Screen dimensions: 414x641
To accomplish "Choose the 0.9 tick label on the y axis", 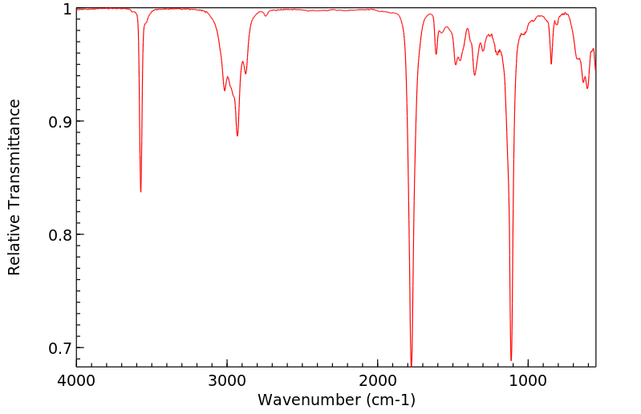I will click(x=58, y=122).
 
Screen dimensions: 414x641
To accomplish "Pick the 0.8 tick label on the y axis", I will click(x=58, y=235).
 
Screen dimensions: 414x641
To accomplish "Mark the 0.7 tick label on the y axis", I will click(x=58, y=348).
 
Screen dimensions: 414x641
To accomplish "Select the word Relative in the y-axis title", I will click(x=14, y=244).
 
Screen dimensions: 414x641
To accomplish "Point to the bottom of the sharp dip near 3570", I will click(x=141, y=191).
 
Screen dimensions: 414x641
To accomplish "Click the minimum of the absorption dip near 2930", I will click(x=237, y=136).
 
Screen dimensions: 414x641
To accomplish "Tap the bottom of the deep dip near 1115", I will click(x=511, y=360).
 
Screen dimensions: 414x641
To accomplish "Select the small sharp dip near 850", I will click(x=551, y=63).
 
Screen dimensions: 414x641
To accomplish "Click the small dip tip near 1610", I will click(x=436, y=54).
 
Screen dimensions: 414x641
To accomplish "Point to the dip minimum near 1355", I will click(x=475, y=75).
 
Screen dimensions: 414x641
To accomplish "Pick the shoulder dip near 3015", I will click(x=225, y=90).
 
